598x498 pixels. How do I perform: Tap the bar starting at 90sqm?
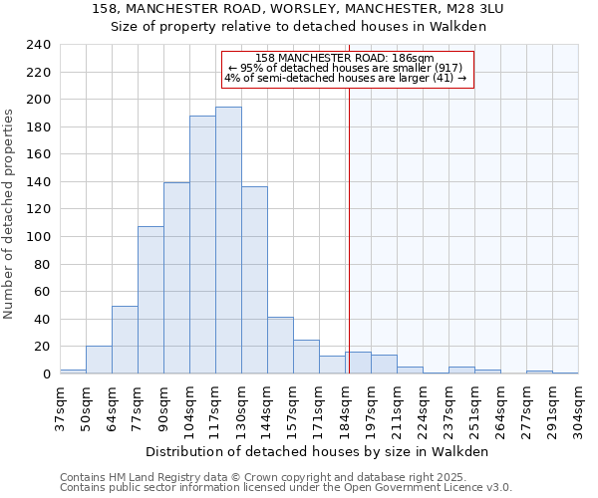(x=176, y=278)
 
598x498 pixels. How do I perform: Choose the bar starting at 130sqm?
(x=254, y=280)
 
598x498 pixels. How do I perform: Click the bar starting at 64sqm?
(x=125, y=340)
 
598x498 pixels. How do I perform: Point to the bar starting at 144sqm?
(x=280, y=346)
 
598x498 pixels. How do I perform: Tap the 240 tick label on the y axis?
(x=39, y=45)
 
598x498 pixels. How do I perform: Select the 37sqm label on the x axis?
(x=60, y=405)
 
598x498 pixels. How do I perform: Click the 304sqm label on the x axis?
(x=578, y=405)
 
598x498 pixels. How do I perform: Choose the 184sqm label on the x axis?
(x=345, y=405)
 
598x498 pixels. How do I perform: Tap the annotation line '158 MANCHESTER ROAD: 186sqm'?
(x=345, y=59)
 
